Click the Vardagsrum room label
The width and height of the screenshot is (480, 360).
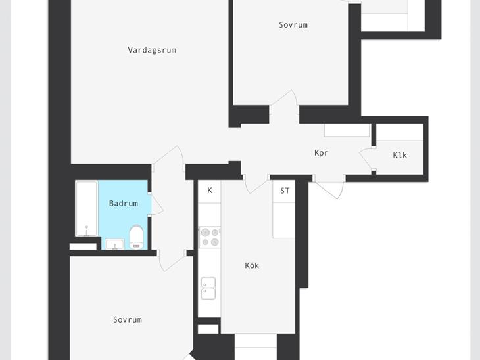pyautogui.click(x=152, y=50)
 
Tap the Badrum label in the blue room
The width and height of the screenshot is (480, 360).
pyautogui.click(x=124, y=204)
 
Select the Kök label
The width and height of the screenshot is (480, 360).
pyautogui.click(x=252, y=265)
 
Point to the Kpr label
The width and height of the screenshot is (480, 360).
pyautogui.click(x=321, y=153)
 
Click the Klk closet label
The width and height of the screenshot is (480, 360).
pyautogui.click(x=400, y=155)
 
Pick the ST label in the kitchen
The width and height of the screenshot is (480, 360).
pyautogui.click(x=285, y=191)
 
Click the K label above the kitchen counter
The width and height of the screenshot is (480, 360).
pyautogui.click(x=210, y=191)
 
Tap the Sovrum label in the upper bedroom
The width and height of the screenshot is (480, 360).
pyautogui.click(x=293, y=25)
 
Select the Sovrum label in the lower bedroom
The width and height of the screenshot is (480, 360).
pyautogui.click(x=128, y=320)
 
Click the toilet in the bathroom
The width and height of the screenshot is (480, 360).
pyautogui.click(x=137, y=237)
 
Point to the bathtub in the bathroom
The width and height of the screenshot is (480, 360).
pyautogui.click(x=87, y=209)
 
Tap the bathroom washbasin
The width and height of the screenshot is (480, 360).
pyautogui.click(x=115, y=244)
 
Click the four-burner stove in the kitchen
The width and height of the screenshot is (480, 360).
pyautogui.click(x=210, y=237)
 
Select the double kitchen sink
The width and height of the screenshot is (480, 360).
pyautogui.click(x=208, y=288)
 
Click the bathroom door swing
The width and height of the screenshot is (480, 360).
pyautogui.click(x=157, y=204)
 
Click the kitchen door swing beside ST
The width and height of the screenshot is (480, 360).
pyautogui.click(x=256, y=185)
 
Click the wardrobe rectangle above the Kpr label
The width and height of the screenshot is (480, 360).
pyautogui.click(x=347, y=130)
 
